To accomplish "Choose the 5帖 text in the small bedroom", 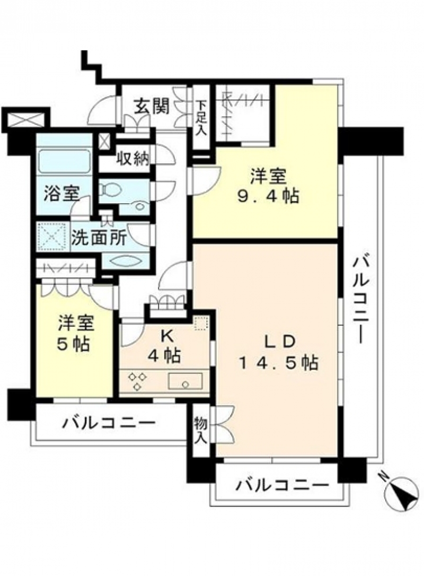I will [x=73, y=344].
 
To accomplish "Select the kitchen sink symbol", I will [x=185, y=381].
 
